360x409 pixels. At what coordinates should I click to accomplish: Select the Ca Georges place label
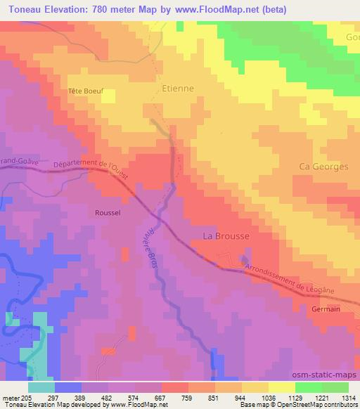coord(323,167)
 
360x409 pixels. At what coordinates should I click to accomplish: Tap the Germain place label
coord(326,309)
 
